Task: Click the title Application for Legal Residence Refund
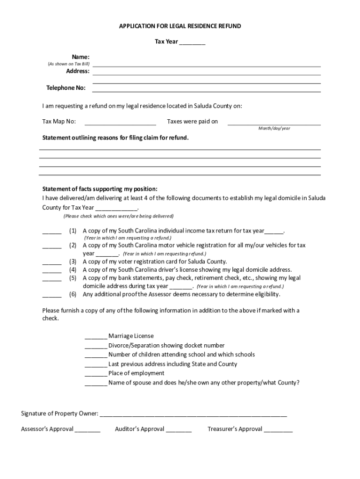tap(180, 26)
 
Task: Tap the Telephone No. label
tap(66, 88)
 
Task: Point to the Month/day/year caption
tap(274, 128)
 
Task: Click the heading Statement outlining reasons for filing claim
tap(115, 138)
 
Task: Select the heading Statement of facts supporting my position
tap(100, 189)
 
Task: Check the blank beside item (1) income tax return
tap(52, 232)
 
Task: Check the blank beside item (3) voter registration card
tap(52, 262)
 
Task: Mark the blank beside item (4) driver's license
tap(52, 270)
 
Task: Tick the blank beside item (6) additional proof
tap(52, 295)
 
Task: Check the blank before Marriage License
tap(96, 337)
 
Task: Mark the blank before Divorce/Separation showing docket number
tap(96, 346)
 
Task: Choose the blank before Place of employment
tap(96, 374)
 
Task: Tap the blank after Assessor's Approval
tap(87, 430)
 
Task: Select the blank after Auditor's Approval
tap(179, 430)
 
